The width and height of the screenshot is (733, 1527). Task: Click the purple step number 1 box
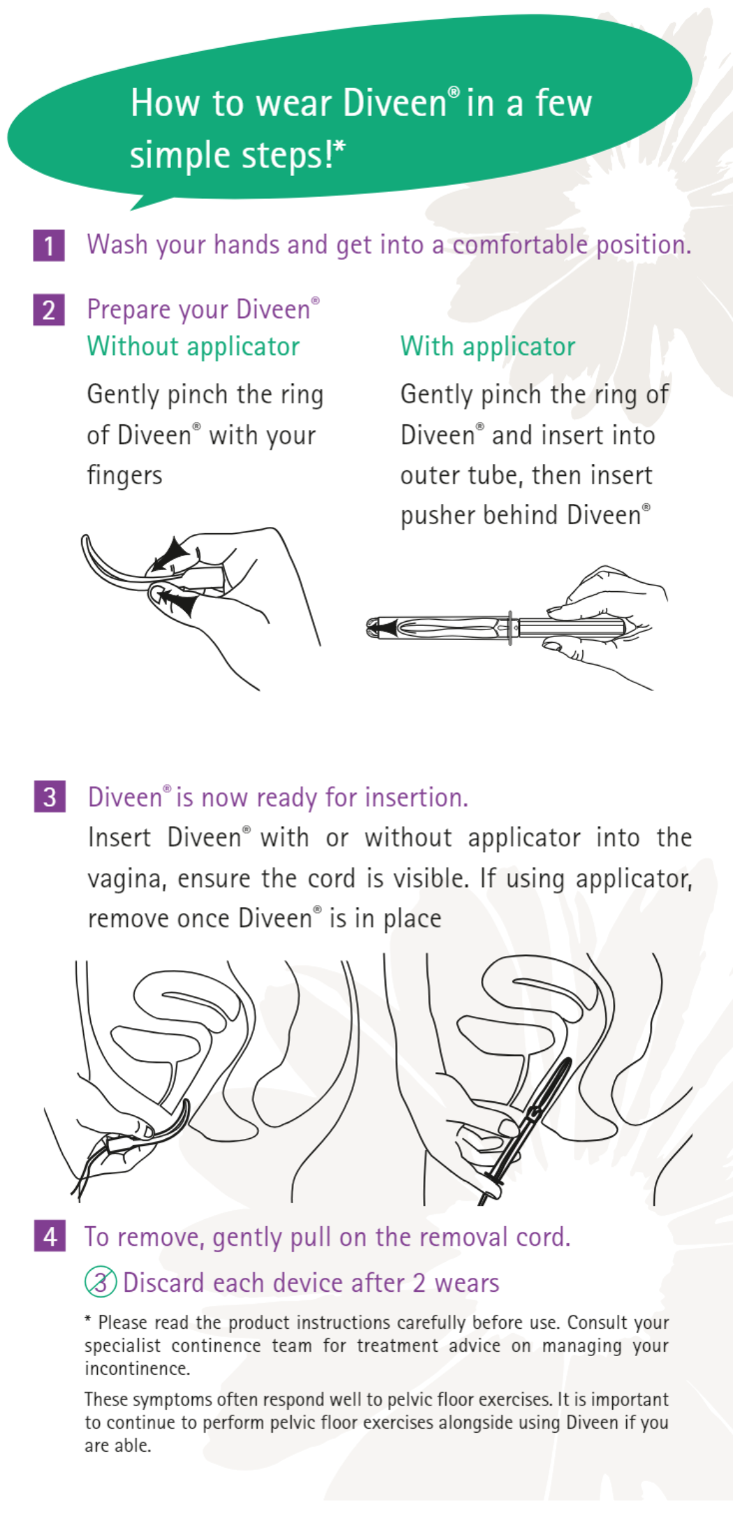pyautogui.click(x=49, y=246)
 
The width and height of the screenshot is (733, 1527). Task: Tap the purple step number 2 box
pyautogui.click(x=49, y=310)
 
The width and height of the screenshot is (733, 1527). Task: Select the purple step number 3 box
pyautogui.click(x=50, y=797)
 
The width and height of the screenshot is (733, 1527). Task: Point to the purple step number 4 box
pyautogui.click(x=50, y=1237)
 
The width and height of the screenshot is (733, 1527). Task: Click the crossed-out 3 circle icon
pyautogui.click(x=101, y=1282)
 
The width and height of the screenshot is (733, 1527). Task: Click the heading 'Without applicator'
pyautogui.click(x=193, y=347)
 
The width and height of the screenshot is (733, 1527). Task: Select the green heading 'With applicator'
pyautogui.click(x=487, y=347)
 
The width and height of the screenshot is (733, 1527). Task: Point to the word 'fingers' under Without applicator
pyautogui.click(x=124, y=476)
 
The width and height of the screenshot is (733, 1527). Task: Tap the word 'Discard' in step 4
pyautogui.click(x=164, y=1283)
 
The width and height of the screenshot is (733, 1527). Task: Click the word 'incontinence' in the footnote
pyautogui.click(x=137, y=1369)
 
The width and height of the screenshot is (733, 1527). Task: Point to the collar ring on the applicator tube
pyautogui.click(x=510, y=627)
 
